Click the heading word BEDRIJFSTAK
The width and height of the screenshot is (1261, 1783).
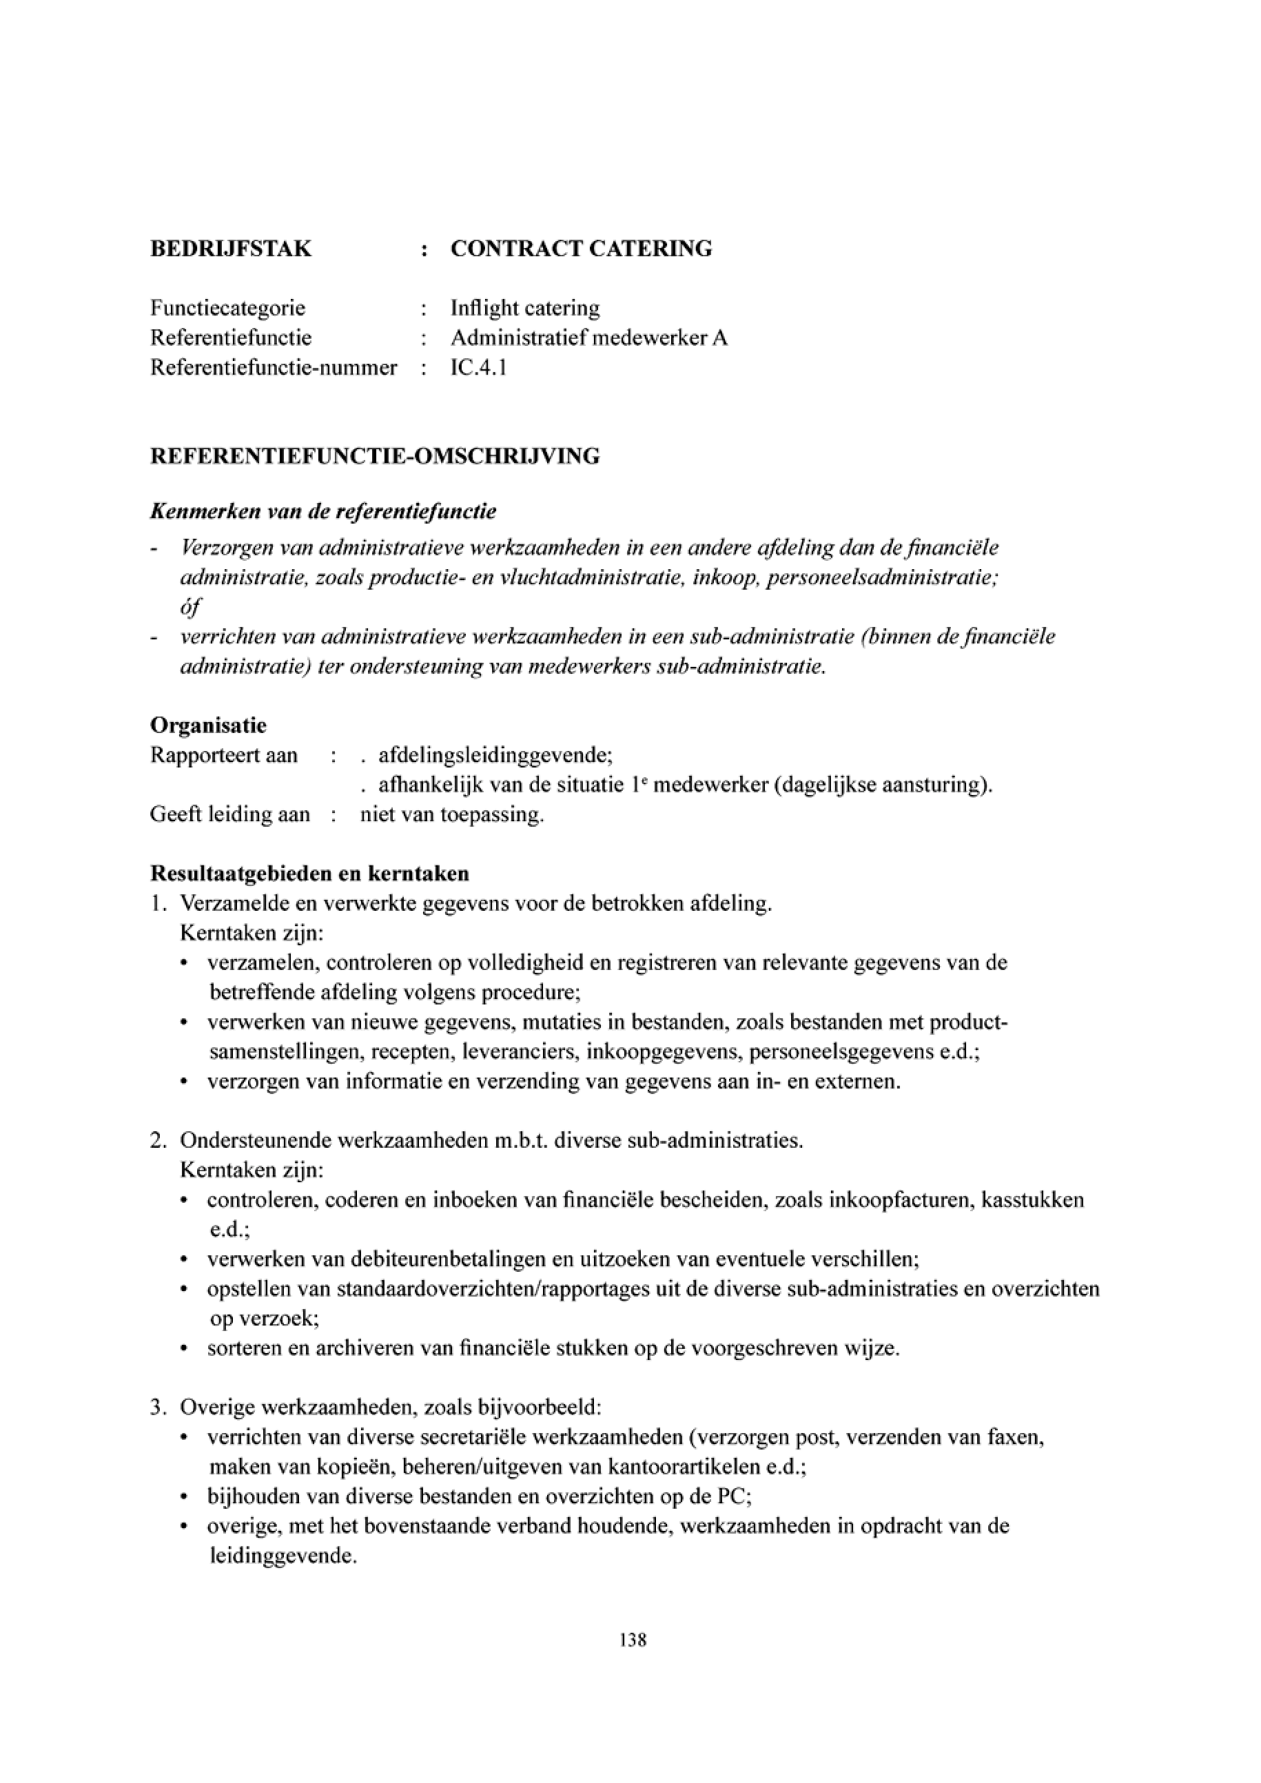click(x=231, y=249)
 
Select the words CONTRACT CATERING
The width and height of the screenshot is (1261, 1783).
click(x=581, y=249)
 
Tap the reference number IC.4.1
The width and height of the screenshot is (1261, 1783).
click(x=478, y=367)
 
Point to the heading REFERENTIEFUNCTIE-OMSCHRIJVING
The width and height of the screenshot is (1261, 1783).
click(x=374, y=457)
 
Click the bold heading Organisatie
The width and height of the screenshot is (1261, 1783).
click(x=207, y=725)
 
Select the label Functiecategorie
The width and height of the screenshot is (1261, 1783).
click(x=227, y=308)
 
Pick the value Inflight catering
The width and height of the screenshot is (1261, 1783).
click(x=525, y=308)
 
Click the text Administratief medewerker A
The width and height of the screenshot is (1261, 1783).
click(x=588, y=338)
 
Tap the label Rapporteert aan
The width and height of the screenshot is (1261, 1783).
click(x=224, y=755)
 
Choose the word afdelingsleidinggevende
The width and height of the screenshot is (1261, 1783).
click(x=494, y=755)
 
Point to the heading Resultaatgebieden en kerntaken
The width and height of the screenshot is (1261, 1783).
click(x=309, y=874)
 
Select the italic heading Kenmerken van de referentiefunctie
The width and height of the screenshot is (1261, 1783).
click(x=323, y=513)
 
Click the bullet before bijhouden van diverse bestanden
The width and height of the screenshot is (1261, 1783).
click(x=183, y=1497)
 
